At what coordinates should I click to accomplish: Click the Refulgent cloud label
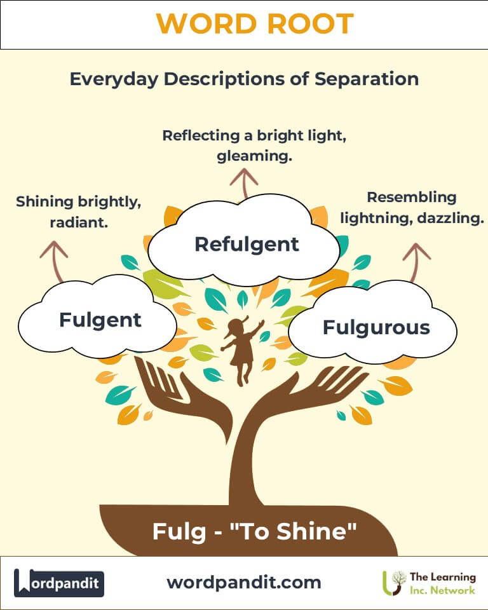coord(247,243)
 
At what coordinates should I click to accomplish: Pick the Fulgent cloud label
coord(100,319)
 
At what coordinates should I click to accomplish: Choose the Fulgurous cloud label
coord(376,327)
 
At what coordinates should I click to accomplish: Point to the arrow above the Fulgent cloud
coord(53,257)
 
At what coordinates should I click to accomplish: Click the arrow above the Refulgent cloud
coord(243,184)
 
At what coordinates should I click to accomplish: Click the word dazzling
coord(451,218)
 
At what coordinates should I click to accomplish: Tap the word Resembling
coord(412,197)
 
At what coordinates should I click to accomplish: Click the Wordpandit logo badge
coord(59,582)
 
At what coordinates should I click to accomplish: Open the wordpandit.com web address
coord(244,582)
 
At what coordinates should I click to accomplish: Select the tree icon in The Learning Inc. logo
coord(394,582)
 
